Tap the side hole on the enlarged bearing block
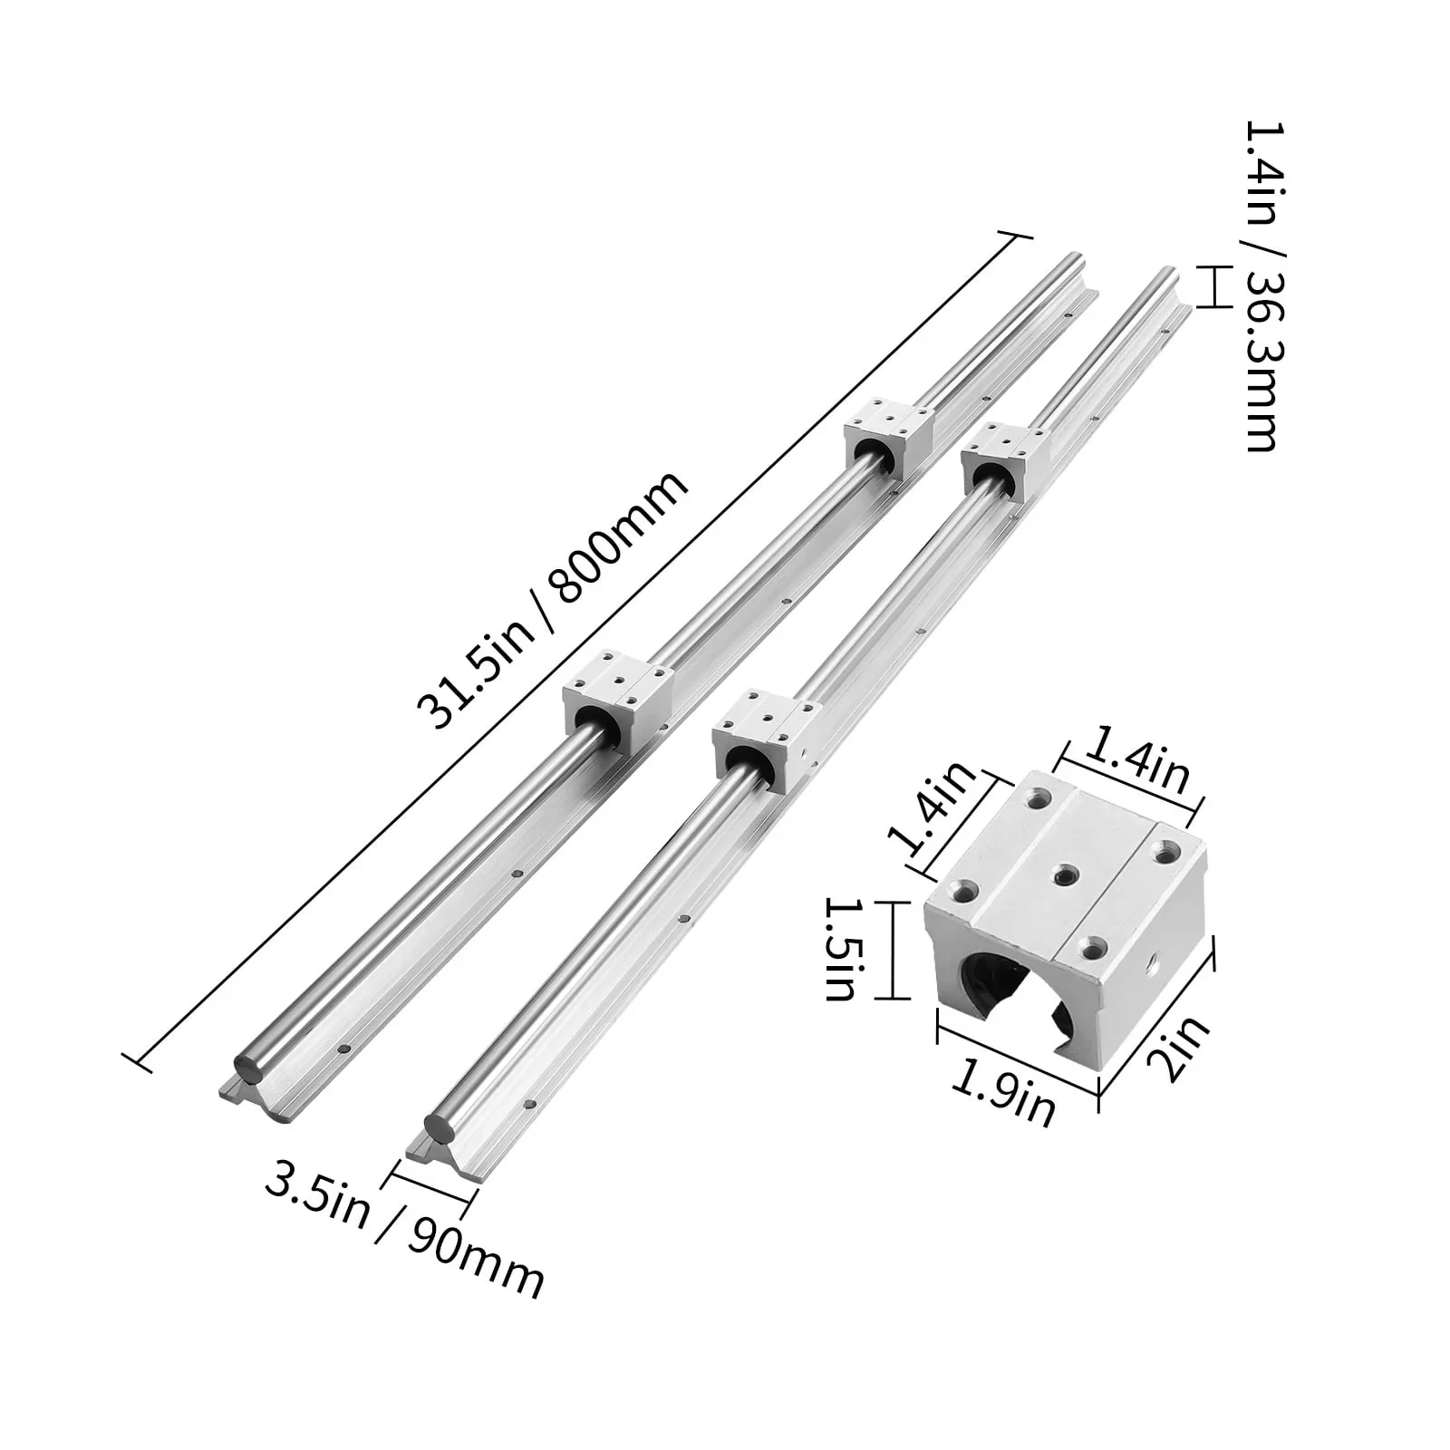1156,958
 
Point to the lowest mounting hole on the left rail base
343,1050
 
